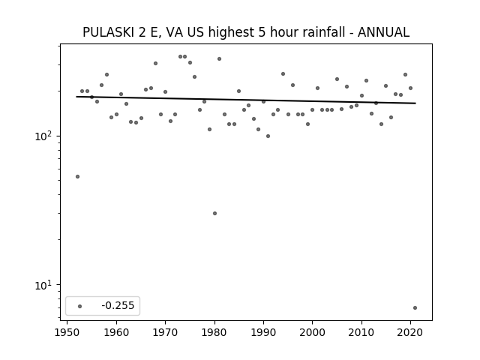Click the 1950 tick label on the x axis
(67, 332)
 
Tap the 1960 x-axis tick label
(116, 332)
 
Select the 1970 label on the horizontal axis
(165, 332)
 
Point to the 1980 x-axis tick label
(214, 332)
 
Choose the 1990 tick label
(263, 332)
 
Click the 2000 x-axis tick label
(313, 332)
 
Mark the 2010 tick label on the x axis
(361, 332)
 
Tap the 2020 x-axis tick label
(410, 332)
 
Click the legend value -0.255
(118, 305)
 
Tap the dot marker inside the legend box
(80, 306)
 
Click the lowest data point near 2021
(415, 308)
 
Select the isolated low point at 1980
(215, 213)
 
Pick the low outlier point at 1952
(77, 177)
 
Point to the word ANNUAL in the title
(383, 32)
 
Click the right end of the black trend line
(415, 103)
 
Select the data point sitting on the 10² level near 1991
(268, 136)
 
